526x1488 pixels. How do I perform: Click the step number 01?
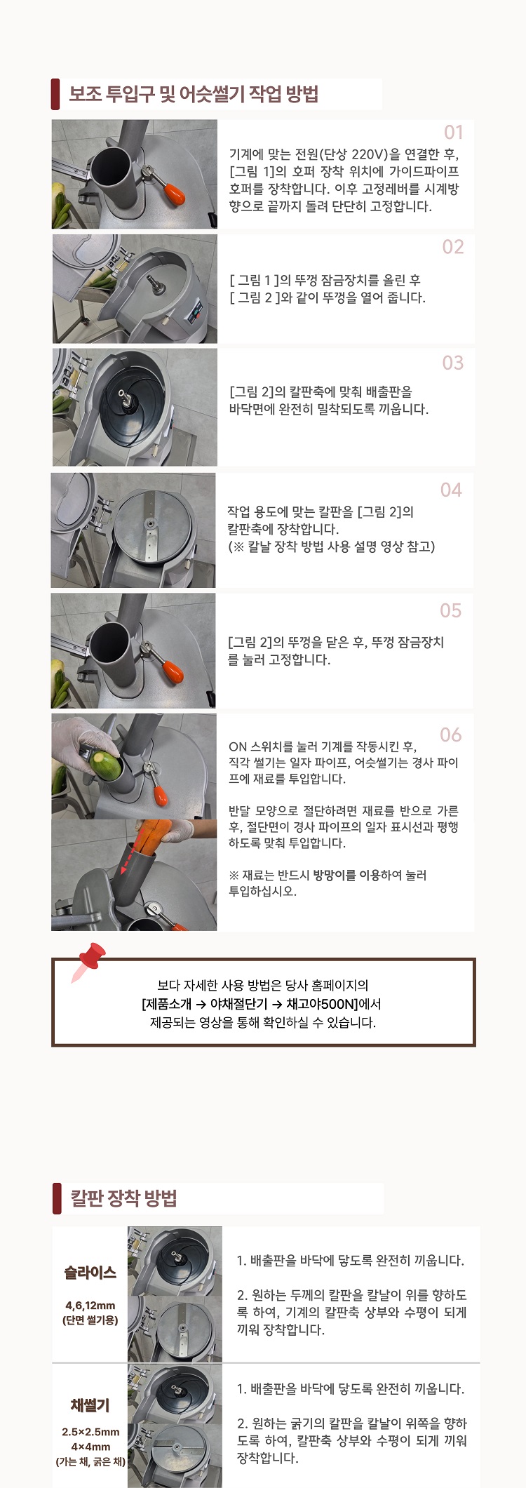coord(454,132)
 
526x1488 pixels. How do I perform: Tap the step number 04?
coord(451,490)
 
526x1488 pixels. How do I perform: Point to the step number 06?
coord(451,735)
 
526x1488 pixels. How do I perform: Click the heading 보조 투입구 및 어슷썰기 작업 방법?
coord(194,94)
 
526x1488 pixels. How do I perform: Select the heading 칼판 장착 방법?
coord(123,1198)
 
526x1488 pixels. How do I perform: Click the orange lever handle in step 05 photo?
coord(173,670)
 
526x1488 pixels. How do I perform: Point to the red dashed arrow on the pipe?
coord(130,847)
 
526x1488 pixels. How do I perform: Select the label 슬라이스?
coord(90,1272)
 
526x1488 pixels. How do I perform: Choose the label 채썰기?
coord(90,1405)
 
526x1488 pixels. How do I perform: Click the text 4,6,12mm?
coord(90,1306)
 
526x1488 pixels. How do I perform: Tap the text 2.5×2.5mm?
coord(90,1432)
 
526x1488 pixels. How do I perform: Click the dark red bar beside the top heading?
coord(55,94)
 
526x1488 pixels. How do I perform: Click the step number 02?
coord(453,247)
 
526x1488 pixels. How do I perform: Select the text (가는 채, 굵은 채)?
coord(90,1462)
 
